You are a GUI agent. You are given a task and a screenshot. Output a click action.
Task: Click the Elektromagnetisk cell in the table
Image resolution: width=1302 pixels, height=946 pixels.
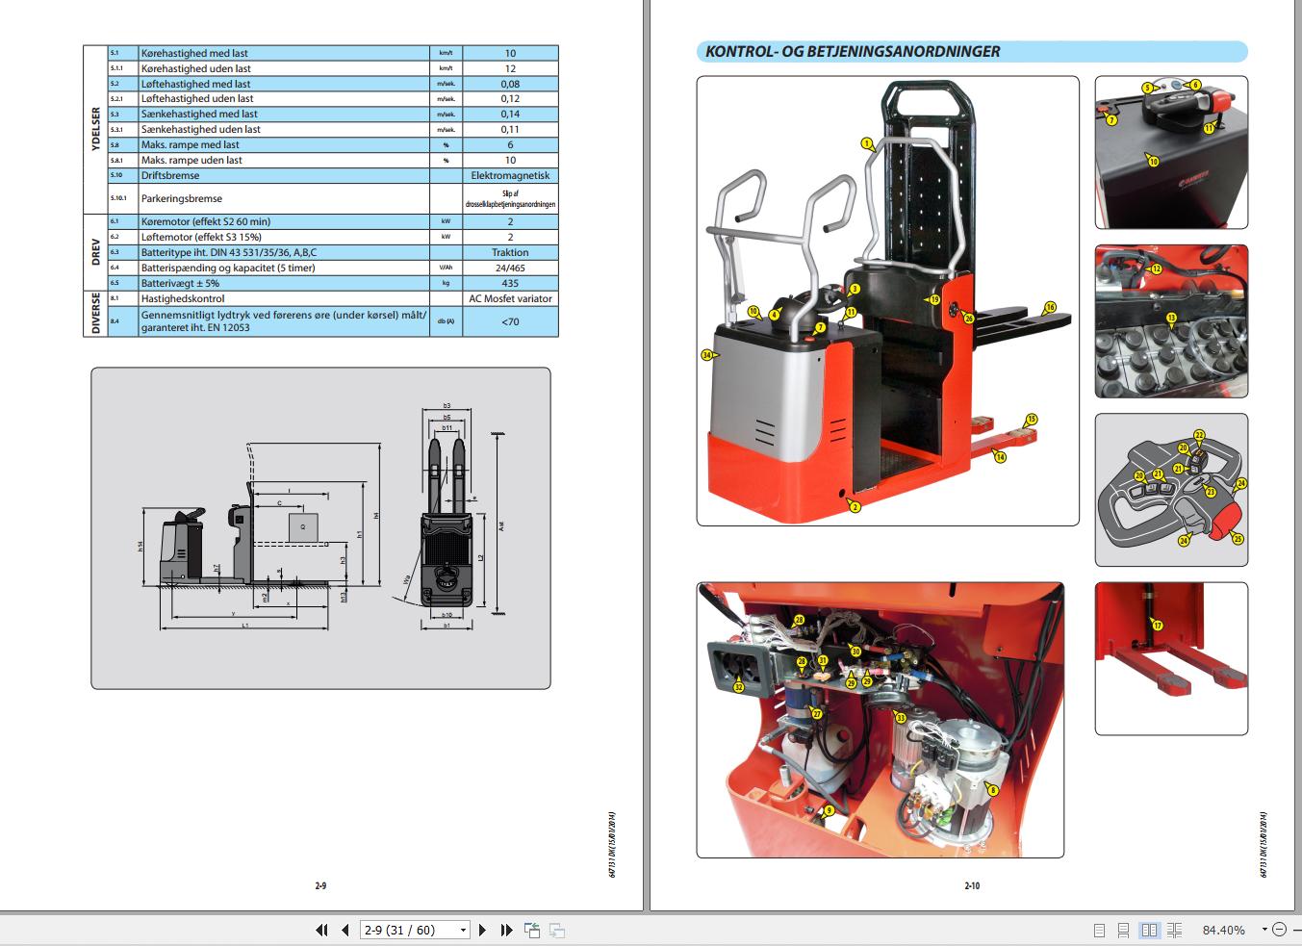coord(510,176)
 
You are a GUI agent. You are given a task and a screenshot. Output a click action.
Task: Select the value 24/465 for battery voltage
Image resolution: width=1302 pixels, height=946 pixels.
coord(510,268)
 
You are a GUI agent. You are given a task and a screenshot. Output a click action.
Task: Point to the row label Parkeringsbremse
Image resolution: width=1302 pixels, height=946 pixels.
coord(182,198)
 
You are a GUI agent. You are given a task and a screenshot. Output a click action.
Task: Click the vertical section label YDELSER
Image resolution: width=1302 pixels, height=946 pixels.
coord(95,130)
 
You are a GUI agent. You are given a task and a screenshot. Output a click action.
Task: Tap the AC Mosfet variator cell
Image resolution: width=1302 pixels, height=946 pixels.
coord(510,298)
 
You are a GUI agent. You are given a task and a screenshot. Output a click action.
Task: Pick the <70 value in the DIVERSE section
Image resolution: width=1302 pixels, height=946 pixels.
coord(510,321)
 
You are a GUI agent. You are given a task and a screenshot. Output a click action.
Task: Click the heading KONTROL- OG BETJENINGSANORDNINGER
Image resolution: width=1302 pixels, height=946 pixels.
coord(852,52)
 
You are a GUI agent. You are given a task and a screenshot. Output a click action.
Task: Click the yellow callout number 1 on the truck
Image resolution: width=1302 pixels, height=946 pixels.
coord(867,144)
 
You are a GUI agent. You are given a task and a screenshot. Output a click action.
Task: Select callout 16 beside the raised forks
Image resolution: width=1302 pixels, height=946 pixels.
coord(1050,308)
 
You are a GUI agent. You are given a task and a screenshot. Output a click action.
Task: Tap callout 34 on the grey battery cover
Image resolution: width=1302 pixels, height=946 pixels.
coord(707,355)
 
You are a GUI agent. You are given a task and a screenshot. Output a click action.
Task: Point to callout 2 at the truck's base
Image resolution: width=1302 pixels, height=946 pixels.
coord(855,506)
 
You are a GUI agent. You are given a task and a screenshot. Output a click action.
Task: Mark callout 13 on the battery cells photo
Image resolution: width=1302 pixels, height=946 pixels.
coord(1171,318)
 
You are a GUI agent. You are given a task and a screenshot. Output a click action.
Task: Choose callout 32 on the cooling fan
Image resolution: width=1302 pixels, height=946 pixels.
coord(738,687)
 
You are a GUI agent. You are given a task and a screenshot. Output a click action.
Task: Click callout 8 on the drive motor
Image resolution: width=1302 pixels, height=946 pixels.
coord(993,790)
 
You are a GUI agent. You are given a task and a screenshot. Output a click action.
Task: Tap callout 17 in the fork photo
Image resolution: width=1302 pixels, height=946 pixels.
coord(1158,626)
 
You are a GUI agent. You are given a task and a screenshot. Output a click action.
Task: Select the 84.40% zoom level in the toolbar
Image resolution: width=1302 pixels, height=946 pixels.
coord(1223,930)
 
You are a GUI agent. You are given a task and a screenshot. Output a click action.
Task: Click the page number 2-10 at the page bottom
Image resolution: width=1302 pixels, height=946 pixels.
coord(972,885)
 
